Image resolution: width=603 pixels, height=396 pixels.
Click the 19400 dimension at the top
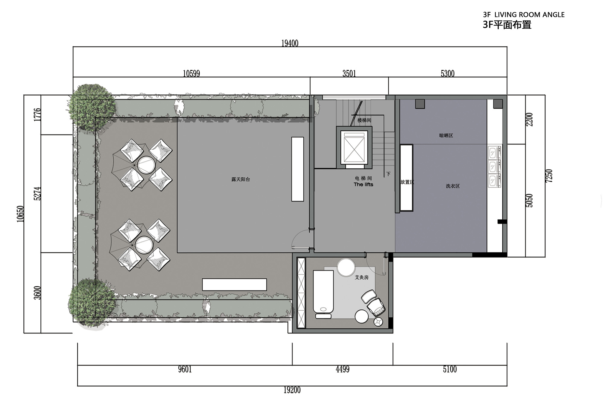coord(290,43)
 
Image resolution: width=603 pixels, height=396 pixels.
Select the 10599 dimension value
coord(191,73)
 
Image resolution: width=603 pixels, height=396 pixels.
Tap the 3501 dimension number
coord(349,73)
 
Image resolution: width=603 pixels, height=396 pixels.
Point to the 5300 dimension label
coord(447,73)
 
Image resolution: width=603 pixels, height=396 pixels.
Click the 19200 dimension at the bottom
coord(292,390)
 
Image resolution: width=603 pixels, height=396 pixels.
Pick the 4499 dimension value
coord(343,369)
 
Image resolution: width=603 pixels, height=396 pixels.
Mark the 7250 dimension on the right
coord(549,176)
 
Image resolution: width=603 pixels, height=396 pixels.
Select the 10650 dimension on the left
coord(20,214)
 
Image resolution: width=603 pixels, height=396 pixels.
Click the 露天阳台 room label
coord(241,179)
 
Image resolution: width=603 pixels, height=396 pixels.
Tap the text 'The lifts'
coord(363,184)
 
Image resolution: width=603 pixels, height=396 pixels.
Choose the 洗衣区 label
coord(453,186)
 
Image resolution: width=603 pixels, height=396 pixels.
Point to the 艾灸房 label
coord(361,277)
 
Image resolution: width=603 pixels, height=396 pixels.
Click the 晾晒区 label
coord(446,135)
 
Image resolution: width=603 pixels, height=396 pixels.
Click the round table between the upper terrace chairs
coord(146,165)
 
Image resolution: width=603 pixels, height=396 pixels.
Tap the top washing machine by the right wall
coord(494,153)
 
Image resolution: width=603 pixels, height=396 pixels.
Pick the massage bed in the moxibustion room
coord(323,292)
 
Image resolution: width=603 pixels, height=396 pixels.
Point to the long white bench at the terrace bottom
coord(234,284)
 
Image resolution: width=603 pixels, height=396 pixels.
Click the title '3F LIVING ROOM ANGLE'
coord(524,15)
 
